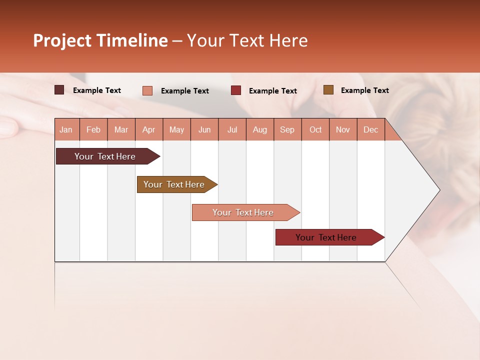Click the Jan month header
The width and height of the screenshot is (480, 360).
coord(66,129)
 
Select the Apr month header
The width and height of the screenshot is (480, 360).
coord(148,129)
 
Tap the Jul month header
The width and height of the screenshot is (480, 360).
coord(232,129)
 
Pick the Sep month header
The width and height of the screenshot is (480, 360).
coord(287,129)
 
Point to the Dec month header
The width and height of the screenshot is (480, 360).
coord(370,129)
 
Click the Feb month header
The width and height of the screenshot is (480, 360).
coord(93,129)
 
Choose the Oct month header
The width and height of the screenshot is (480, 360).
coord(315,129)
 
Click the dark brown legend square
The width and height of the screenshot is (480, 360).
coord(59,90)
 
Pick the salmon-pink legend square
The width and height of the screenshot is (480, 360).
coord(147,90)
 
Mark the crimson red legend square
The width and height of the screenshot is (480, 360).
coord(236,90)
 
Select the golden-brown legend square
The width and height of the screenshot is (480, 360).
coord(328,90)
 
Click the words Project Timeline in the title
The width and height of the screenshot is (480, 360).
coord(100,40)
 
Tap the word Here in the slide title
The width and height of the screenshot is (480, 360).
coord(288,40)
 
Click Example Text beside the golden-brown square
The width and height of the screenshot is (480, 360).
coord(364,90)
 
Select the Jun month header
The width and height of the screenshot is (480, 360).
coord(204,129)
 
